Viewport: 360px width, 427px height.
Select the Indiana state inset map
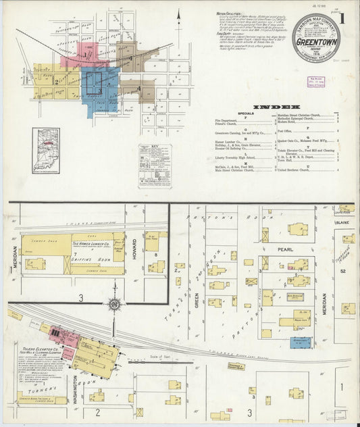pos(46,151)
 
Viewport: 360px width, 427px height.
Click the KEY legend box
pos(155,165)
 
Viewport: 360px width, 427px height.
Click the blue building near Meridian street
pos(301,343)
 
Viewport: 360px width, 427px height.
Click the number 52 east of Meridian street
pos(343,271)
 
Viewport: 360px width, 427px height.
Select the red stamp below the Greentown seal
pos(316,82)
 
